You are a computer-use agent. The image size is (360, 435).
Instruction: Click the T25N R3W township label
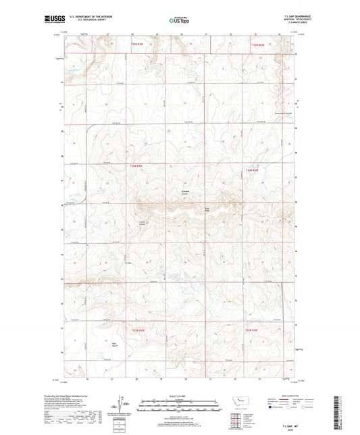coord(138,45)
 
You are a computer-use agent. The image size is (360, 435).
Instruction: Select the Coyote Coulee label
coord(143,222)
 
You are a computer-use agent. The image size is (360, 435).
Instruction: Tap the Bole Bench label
coord(110,347)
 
